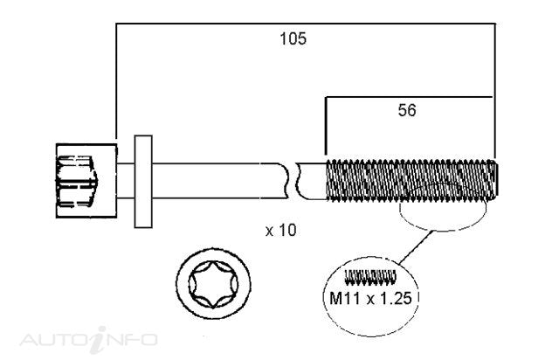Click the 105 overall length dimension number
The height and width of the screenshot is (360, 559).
point(293,38)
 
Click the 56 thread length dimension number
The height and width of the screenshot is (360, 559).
point(407,110)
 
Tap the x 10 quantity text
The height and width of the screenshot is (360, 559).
point(281,230)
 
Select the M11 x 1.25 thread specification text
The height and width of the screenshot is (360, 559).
point(370,298)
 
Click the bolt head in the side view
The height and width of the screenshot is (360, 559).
point(86,181)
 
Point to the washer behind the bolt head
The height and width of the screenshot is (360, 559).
point(143,181)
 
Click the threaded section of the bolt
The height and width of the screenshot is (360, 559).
point(411,179)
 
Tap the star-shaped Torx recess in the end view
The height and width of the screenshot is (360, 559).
point(213,284)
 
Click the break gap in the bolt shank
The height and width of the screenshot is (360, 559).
point(293,181)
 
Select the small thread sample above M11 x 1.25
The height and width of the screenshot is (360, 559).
point(370,277)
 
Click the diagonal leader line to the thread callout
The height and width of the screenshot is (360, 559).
point(416,247)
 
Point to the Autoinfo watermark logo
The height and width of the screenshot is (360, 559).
point(89,340)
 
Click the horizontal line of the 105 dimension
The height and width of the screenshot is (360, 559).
point(306,24)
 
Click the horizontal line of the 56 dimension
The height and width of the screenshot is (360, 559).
point(409,97)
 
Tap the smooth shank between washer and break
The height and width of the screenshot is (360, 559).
point(219,181)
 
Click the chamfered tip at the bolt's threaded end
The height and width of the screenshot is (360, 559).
point(494,179)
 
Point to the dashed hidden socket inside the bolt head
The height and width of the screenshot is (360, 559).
point(77,181)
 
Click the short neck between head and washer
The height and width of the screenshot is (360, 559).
point(126,181)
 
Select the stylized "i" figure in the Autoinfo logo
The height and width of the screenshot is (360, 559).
point(98,339)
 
